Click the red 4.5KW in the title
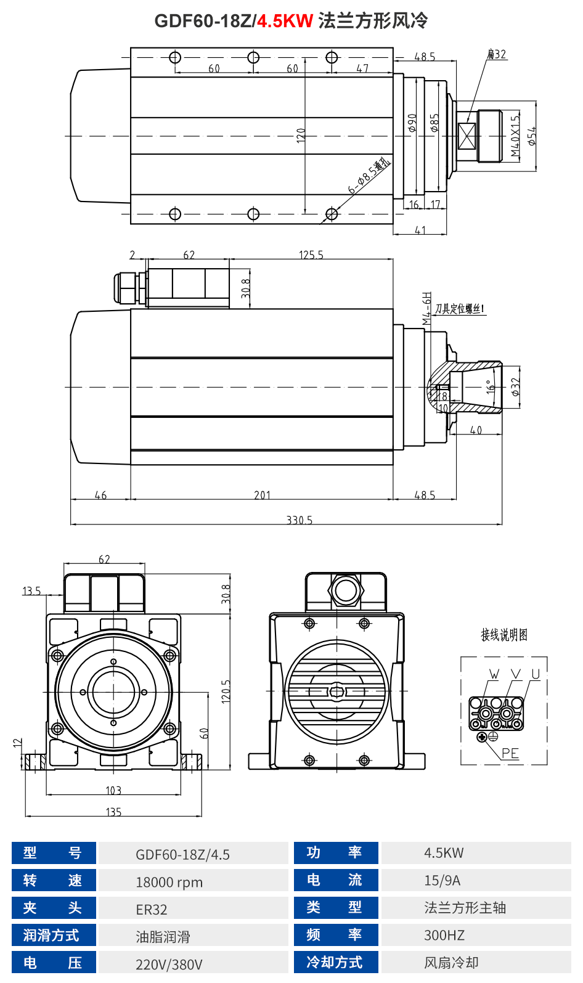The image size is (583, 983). click(x=285, y=21)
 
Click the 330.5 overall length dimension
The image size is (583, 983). click(x=299, y=520)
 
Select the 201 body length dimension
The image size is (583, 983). click(x=262, y=495)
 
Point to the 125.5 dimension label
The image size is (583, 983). click(x=311, y=255)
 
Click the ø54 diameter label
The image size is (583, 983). click(x=531, y=136)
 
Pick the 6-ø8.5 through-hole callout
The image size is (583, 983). click(x=369, y=176)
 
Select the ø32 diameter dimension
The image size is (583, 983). click(x=515, y=387)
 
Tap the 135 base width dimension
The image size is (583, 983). click(x=113, y=812)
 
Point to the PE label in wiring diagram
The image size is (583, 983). click(x=510, y=753)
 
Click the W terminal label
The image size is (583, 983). click(x=494, y=674)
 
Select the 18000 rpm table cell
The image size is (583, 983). click(x=169, y=882)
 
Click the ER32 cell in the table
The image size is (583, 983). click(x=152, y=910)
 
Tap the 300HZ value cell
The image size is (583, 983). click(x=444, y=936)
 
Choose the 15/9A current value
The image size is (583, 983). click(x=442, y=881)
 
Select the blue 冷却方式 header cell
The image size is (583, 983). click(x=334, y=963)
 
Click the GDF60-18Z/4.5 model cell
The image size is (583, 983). click(x=182, y=855)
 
